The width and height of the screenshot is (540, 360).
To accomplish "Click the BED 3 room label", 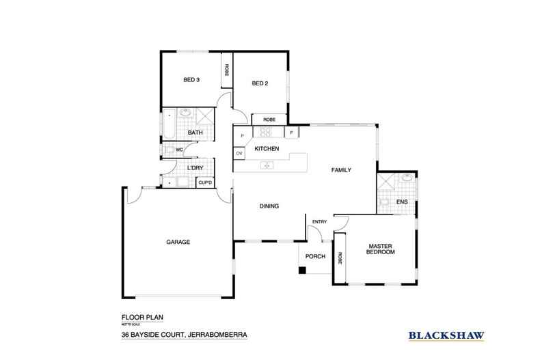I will point(191,79).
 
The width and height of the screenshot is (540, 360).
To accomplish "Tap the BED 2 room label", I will point(259,84).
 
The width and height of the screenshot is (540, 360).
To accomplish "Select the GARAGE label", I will point(178,242).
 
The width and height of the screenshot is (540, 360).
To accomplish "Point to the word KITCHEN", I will point(265,148).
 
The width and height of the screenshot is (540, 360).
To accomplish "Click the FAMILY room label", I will point(341,170).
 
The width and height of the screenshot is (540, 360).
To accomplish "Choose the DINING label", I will point(269,206).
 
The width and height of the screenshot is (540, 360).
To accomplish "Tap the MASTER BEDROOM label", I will point(381,249).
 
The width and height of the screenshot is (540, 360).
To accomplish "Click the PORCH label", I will point(314,257).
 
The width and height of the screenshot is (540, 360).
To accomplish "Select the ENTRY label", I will point(319,222).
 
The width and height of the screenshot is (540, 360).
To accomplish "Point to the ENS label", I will point(402,202).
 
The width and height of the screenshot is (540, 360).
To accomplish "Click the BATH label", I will point(195,133).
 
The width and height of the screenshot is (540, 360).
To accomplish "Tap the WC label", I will point(178,149).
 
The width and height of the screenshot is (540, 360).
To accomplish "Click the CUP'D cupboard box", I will point(204,182).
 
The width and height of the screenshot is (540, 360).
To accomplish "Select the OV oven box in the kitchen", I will point(239,154).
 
